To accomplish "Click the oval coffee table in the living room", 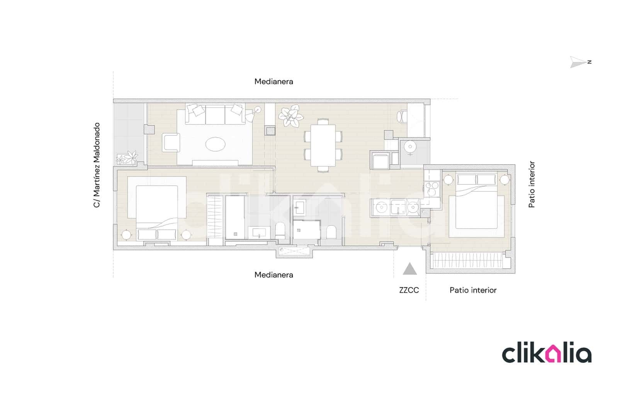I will point(215,145).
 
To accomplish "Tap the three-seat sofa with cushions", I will point(215,114).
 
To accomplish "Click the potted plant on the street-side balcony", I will point(127,157).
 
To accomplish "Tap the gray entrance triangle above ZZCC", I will point(409,269).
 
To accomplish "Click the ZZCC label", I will point(409,290).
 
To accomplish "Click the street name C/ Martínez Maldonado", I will point(97,165).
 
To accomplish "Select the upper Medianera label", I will point(273,82).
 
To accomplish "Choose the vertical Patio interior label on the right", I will point(532,184).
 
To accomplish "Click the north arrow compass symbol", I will point(578,62).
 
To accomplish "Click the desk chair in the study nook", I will point(402,116).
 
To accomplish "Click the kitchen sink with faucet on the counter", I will point(397,207).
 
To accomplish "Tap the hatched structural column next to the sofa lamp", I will point(270,131).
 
